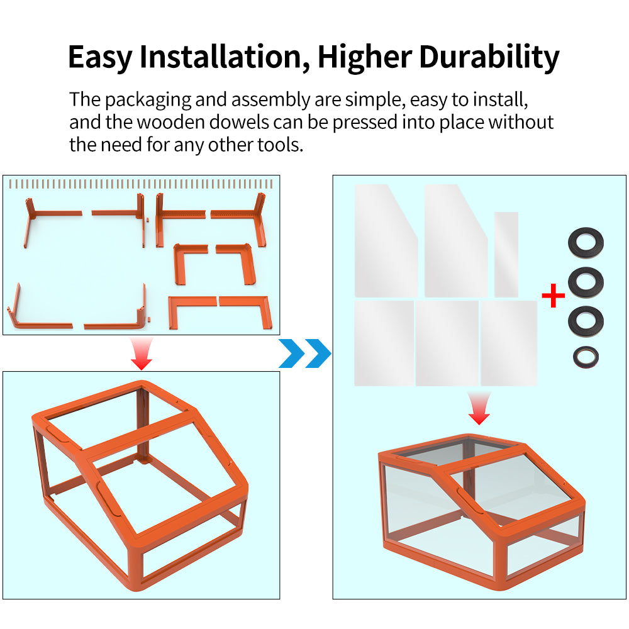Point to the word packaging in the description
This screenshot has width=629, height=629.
tap(148, 100)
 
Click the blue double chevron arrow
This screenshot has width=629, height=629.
tap(305, 353)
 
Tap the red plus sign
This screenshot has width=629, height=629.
tap(553, 296)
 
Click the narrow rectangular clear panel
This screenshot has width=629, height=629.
tap(506, 255)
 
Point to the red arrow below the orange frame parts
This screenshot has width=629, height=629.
tap(142, 353)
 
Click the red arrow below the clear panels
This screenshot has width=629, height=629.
tap(479, 408)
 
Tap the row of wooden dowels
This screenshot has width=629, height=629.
tap(141, 184)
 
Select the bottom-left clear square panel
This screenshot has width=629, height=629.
tap(384, 343)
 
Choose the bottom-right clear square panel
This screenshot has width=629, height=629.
tap(509, 343)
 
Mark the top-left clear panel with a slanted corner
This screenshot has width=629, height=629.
tap(386, 241)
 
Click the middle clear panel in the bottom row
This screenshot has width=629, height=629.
tap(447, 343)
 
